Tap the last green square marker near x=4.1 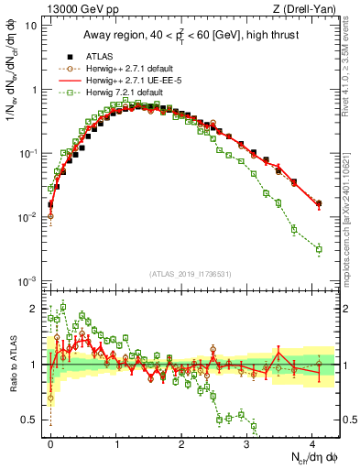tap(319, 249)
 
